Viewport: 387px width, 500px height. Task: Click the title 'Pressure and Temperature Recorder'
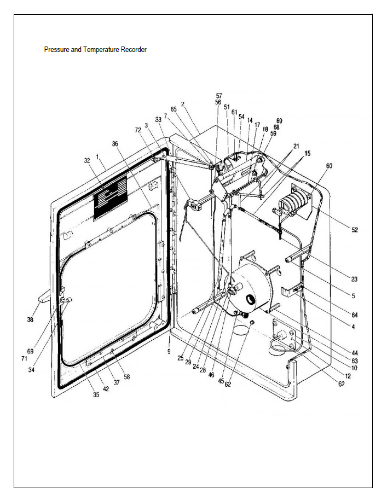click(x=95, y=50)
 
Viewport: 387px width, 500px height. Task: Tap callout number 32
click(x=87, y=161)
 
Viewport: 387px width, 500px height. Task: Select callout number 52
click(x=355, y=230)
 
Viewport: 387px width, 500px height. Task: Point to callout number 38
click(x=30, y=320)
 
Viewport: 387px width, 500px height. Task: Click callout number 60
click(x=329, y=166)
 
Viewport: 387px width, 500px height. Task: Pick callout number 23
click(x=354, y=279)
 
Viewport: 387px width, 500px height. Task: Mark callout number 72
click(x=138, y=130)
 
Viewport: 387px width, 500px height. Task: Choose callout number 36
click(x=115, y=144)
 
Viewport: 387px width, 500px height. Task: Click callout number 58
click(x=127, y=377)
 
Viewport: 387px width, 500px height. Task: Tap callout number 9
click(x=169, y=351)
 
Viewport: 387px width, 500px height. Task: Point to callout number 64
click(x=355, y=315)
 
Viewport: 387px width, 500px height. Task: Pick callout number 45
click(x=222, y=381)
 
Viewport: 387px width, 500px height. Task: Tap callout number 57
click(x=218, y=96)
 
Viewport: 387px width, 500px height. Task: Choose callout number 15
click(x=307, y=154)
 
